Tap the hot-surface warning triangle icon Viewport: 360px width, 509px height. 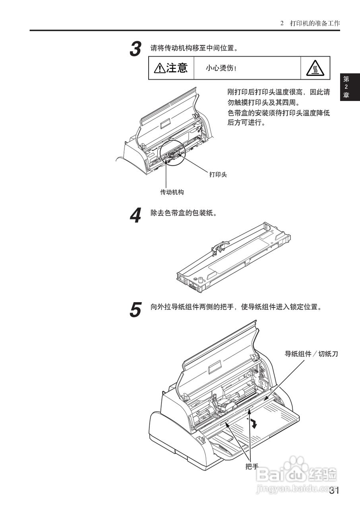click(x=315, y=68)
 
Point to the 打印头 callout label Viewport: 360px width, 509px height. click(x=218, y=174)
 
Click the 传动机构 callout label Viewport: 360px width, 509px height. click(x=172, y=192)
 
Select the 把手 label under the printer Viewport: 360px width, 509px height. click(x=252, y=466)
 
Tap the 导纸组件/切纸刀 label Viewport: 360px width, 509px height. click(x=311, y=353)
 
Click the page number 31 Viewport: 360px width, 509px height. click(x=334, y=491)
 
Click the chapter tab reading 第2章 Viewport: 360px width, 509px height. click(x=346, y=87)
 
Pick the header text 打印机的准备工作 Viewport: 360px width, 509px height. click(x=315, y=23)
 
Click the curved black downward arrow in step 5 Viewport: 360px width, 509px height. click(x=253, y=423)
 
